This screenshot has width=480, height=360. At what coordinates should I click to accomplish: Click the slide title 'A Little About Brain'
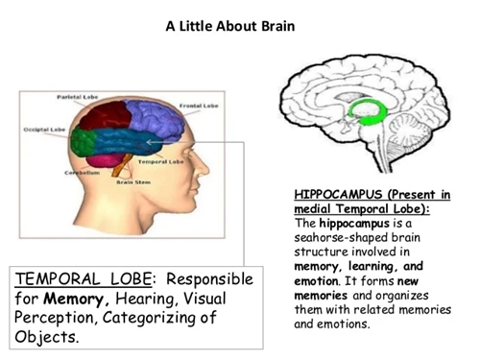click(239, 24)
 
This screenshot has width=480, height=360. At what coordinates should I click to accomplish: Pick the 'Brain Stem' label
click(132, 181)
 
